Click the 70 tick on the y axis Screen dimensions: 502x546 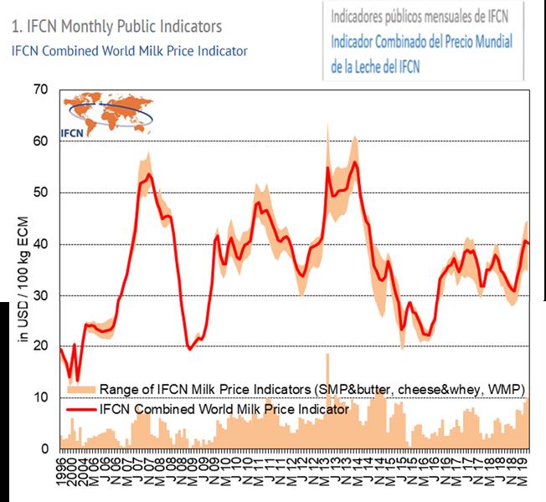point(42,90)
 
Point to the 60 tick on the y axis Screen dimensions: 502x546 point(42,141)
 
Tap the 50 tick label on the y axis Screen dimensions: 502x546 point(42,192)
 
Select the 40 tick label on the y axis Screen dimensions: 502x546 point(42,244)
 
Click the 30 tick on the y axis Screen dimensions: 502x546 point(42,295)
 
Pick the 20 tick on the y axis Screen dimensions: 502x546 point(42,347)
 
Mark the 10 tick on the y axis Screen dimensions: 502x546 point(42,398)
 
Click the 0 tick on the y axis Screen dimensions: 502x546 point(45,449)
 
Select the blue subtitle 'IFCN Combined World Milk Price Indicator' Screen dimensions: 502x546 point(130,51)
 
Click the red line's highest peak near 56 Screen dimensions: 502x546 point(355,162)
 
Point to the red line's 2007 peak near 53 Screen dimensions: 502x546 point(149,175)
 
